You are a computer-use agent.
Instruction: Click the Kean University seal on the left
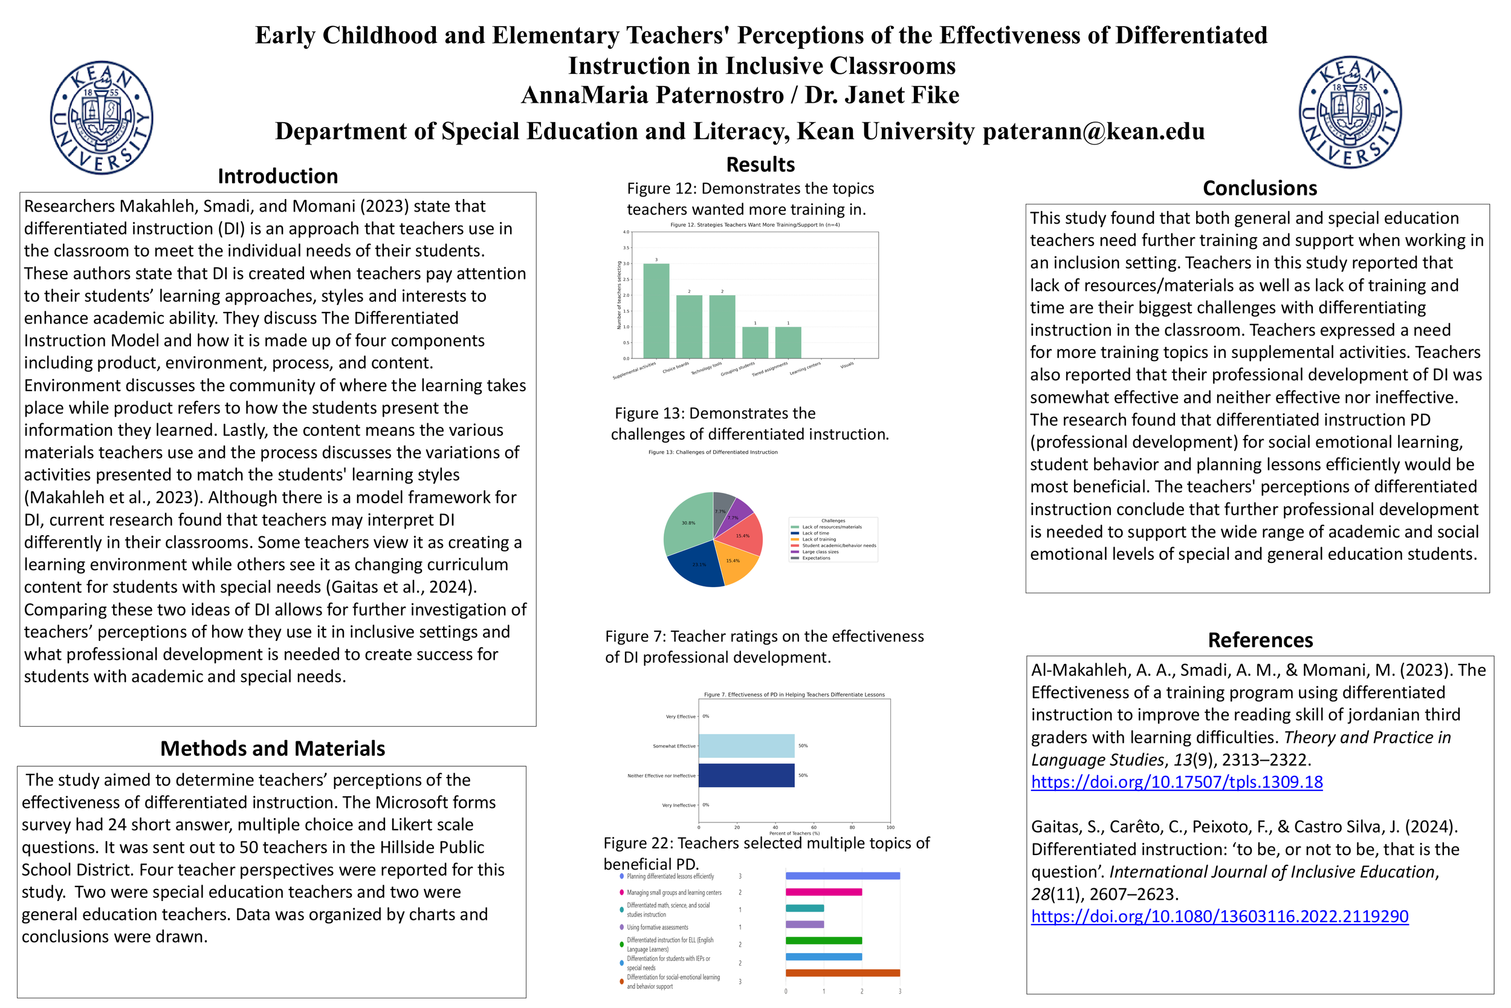tap(102, 118)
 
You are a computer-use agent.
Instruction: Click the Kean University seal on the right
tap(1350, 112)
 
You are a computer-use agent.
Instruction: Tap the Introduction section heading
tap(277, 176)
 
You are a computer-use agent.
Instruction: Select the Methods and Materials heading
tap(273, 748)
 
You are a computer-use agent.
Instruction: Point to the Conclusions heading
tap(1259, 187)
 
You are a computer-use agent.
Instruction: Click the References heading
tap(1260, 640)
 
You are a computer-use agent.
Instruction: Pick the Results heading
tap(760, 164)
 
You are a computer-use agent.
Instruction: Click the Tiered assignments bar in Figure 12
tap(788, 342)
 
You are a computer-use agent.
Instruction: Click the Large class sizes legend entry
tap(820, 551)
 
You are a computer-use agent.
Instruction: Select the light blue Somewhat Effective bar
tap(746, 746)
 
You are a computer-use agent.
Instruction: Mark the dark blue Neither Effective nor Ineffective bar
tap(746, 775)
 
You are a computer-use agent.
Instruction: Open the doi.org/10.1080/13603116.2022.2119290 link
tap(1219, 916)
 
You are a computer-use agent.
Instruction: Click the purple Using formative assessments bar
tap(804, 925)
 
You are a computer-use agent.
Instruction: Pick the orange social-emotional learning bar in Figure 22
tap(842, 973)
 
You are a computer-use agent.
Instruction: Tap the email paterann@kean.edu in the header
tap(1093, 131)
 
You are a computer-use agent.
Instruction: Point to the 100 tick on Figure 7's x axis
tap(890, 827)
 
